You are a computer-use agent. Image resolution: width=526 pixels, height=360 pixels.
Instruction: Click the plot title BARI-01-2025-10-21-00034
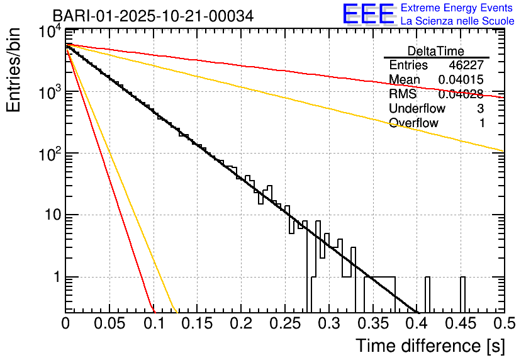(x=153, y=16)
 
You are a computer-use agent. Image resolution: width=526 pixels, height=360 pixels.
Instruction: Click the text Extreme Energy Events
(x=457, y=8)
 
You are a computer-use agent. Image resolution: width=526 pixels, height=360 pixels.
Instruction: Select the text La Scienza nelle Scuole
(x=457, y=21)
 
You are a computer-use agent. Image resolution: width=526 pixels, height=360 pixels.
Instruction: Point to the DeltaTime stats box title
(x=436, y=51)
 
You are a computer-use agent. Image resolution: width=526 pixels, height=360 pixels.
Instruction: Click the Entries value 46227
(x=466, y=65)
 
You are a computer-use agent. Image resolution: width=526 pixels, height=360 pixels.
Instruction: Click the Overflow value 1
(x=481, y=123)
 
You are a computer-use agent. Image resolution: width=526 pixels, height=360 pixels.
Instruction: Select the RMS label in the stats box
(x=403, y=94)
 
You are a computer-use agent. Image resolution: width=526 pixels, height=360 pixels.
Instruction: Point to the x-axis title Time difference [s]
(x=429, y=346)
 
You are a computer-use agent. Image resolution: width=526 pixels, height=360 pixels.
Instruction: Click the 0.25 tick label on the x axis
(x=285, y=323)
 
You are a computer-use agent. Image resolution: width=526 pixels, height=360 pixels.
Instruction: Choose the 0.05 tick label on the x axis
(x=109, y=323)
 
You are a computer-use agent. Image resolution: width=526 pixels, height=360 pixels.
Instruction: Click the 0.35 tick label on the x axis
(x=372, y=323)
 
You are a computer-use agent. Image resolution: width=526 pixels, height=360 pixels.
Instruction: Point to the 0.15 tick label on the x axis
(x=197, y=323)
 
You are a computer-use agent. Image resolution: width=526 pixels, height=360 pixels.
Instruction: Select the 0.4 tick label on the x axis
(x=417, y=323)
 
